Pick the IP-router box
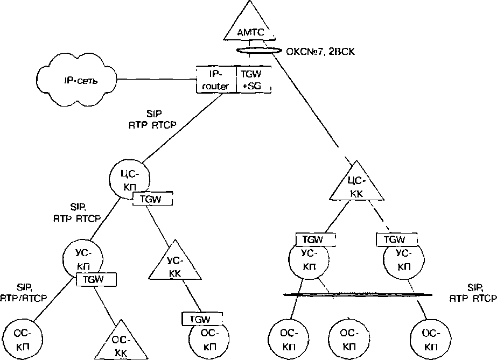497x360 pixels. click(x=216, y=79)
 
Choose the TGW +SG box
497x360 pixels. click(x=253, y=79)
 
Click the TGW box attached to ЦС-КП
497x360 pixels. click(x=152, y=199)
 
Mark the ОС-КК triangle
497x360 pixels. click(x=119, y=342)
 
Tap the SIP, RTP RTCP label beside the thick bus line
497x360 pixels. click(x=473, y=292)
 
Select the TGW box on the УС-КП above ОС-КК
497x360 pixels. click(x=96, y=279)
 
